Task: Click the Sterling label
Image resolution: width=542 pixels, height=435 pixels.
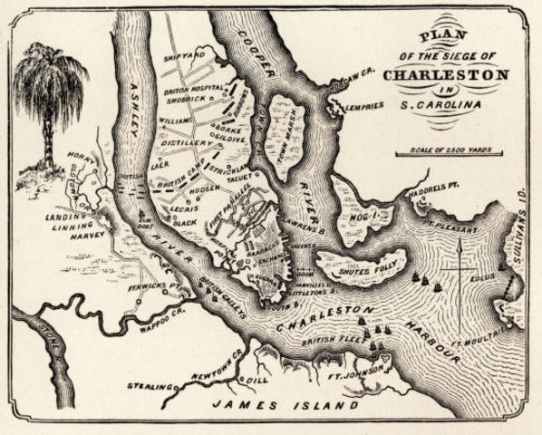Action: click(150, 385)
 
